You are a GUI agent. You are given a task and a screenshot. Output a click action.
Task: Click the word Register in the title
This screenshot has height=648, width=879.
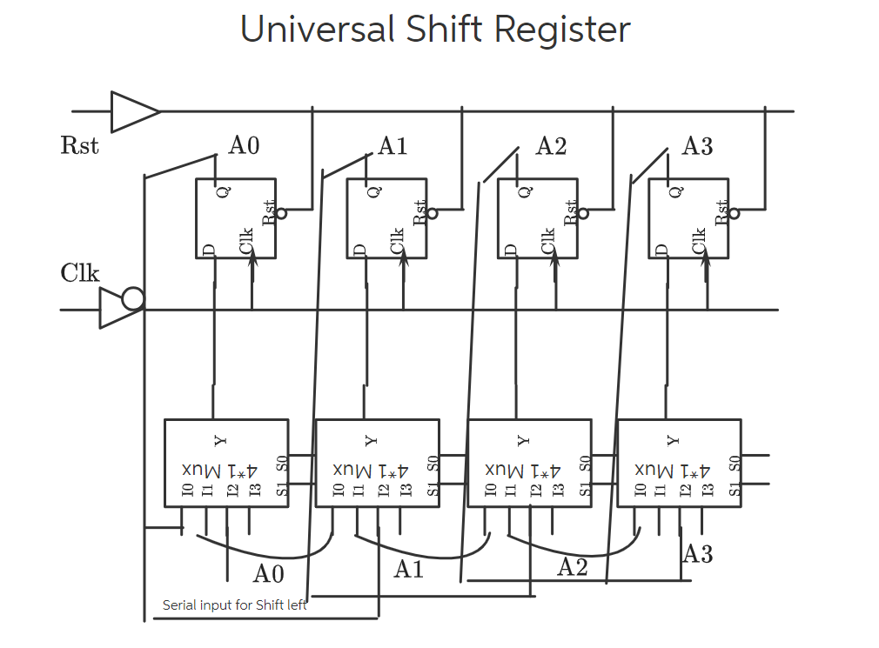[x=562, y=30]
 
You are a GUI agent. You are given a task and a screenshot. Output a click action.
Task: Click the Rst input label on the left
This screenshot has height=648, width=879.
[x=80, y=145]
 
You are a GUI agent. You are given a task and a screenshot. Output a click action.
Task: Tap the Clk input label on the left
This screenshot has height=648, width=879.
[x=80, y=273]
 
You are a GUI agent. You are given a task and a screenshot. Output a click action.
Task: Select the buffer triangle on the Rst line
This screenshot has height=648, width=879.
[x=133, y=111]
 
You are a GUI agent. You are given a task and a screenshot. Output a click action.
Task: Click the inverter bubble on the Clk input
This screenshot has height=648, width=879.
[x=132, y=300]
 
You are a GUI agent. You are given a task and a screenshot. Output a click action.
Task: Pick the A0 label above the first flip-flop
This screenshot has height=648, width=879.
[x=244, y=145]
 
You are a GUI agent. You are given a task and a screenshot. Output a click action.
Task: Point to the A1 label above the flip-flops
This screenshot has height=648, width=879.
[x=393, y=145]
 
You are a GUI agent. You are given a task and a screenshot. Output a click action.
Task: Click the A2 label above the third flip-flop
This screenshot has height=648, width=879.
[x=551, y=145]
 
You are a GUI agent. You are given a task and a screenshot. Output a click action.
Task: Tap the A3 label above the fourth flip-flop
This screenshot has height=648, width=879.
[x=697, y=145]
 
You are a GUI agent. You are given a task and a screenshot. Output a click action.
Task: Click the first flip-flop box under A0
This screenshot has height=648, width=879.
[x=235, y=218]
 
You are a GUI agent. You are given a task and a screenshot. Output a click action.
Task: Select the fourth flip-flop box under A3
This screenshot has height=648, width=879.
[x=688, y=218]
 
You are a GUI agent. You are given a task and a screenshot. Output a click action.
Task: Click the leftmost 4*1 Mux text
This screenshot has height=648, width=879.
[x=219, y=471]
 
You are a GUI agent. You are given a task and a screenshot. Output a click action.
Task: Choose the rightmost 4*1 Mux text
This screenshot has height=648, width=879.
[x=673, y=471]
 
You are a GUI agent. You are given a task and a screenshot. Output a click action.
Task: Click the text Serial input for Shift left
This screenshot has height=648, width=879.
[x=234, y=605]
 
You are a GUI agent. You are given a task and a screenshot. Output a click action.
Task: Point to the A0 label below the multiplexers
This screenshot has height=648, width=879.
[x=268, y=574]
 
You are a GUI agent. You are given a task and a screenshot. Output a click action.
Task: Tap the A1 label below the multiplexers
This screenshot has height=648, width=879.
[x=408, y=570]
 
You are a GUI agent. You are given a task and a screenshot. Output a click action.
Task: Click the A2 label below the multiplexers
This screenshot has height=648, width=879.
[x=572, y=568]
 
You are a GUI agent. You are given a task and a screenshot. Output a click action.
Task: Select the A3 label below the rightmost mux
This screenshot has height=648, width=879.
[x=697, y=554]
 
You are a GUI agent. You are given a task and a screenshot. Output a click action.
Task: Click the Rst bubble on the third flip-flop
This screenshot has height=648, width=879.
[x=583, y=213]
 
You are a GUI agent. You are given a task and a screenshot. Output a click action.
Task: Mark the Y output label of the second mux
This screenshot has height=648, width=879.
[x=370, y=440]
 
